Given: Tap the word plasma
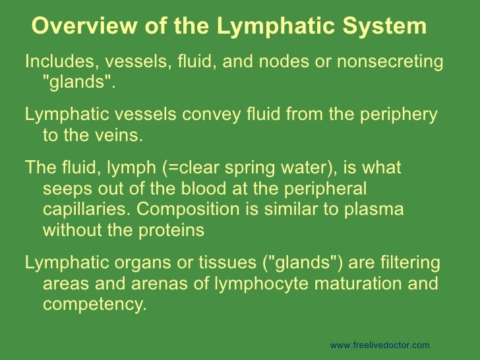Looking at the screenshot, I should tap(375, 210).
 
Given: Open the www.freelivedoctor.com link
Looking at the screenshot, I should tap(379, 345).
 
